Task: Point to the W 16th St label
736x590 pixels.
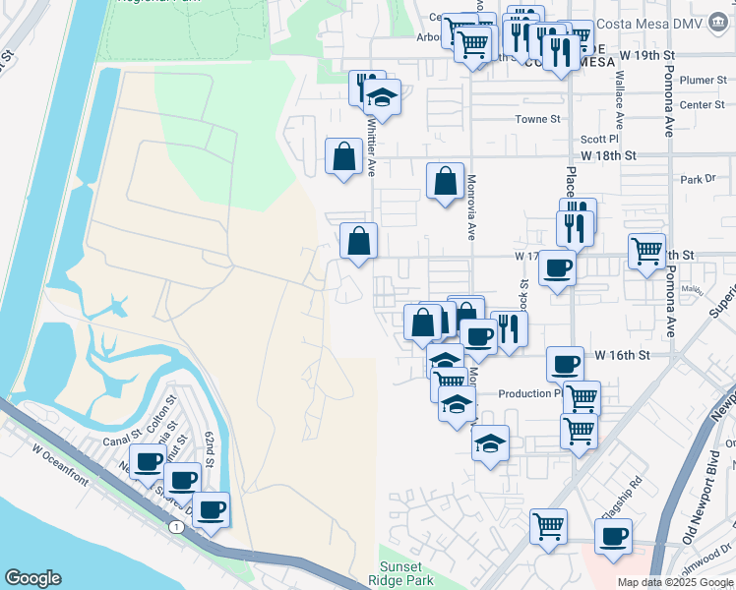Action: [x=623, y=354]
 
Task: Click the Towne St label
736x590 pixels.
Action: [x=538, y=119]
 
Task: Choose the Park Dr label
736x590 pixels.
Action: [x=697, y=180]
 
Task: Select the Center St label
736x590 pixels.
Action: [x=702, y=104]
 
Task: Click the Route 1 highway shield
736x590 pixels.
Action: [x=176, y=528]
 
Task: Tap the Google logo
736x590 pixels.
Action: [x=32, y=578]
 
